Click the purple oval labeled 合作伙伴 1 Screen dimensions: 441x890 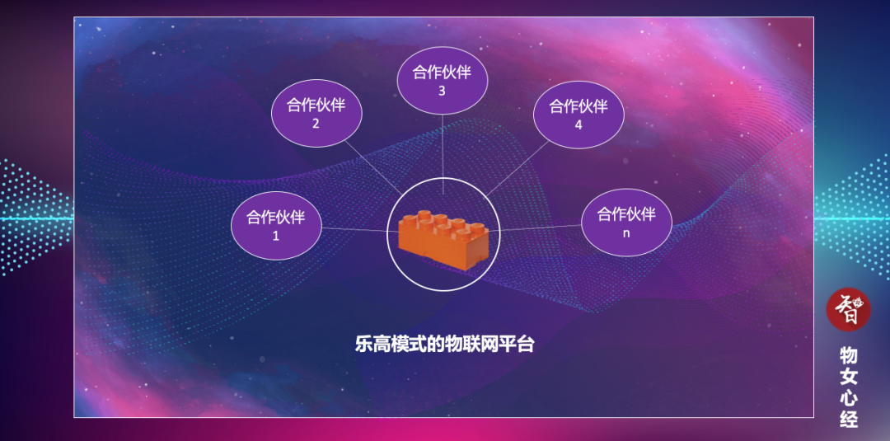pyautogui.click(x=276, y=225)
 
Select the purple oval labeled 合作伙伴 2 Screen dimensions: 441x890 pyautogui.click(x=316, y=114)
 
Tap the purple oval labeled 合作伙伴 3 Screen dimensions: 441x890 pyautogui.click(x=442, y=81)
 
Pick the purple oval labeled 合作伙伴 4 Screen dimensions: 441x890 pyautogui.click(x=578, y=115)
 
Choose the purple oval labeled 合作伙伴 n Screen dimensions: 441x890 pyautogui.click(x=626, y=223)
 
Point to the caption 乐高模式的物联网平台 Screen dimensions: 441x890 pyautogui.click(x=445, y=345)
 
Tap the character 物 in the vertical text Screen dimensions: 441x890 pyautogui.click(x=849, y=356)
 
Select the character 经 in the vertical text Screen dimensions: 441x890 pyautogui.click(x=849, y=419)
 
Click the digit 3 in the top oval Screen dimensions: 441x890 pyautogui.click(x=442, y=91)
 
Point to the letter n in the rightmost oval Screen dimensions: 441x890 pyautogui.click(x=626, y=233)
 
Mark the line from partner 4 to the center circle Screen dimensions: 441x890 pyautogui.click(x=519, y=169)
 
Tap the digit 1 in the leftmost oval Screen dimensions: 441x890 pyautogui.click(x=276, y=236)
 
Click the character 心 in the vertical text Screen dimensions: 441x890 pyautogui.click(x=849, y=398)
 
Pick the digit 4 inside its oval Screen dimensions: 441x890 pyautogui.click(x=578, y=125)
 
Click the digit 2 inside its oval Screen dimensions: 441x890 pyautogui.click(x=316, y=124)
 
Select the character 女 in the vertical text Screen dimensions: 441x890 pyautogui.click(x=849, y=378)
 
